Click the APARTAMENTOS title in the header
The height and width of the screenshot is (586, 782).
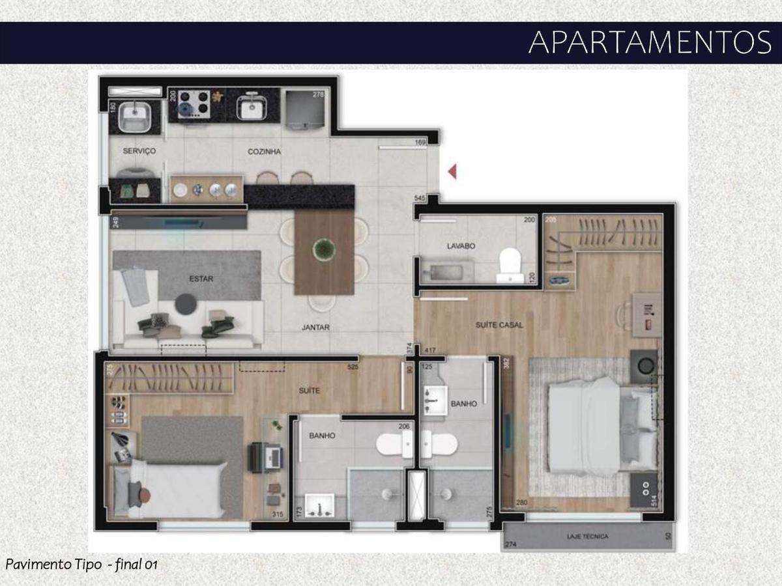tap(649, 42)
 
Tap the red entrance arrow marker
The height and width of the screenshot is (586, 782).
tap(452, 171)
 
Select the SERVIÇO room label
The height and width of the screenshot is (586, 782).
tap(139, 151)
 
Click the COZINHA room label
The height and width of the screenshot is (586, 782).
tap(264, 152)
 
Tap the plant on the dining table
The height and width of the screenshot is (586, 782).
tap(323, 248)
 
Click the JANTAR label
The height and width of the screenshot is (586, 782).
tap(315, 328)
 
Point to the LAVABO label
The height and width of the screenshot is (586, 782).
tap(460, 247)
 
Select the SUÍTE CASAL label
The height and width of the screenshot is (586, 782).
tap(500, 324)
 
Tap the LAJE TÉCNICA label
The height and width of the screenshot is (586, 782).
tap(587, 537)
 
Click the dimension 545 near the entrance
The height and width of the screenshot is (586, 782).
tap(420, 197)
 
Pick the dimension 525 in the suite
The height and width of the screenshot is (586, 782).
tap(353, 367)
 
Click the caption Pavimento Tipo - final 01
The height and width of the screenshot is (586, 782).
tap(81, 564)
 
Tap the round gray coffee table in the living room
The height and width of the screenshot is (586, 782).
tap(187, 303)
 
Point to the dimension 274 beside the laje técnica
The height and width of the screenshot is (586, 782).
tap(511, 544)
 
